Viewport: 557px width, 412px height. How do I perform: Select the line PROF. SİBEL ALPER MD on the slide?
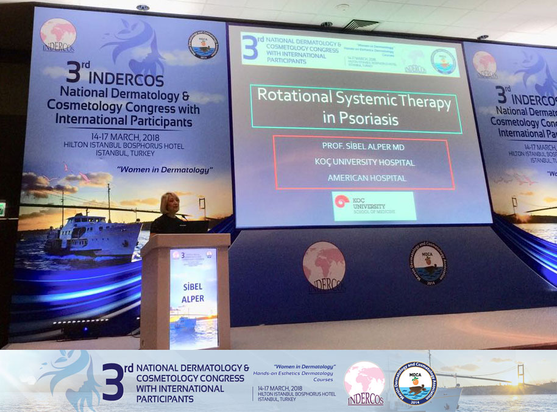[363, 147]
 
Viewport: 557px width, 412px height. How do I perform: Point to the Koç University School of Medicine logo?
[374, 206]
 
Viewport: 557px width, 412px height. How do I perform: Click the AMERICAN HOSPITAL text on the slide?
[363, 178]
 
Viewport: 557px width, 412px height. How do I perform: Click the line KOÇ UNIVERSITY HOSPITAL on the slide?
[363, 163]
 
